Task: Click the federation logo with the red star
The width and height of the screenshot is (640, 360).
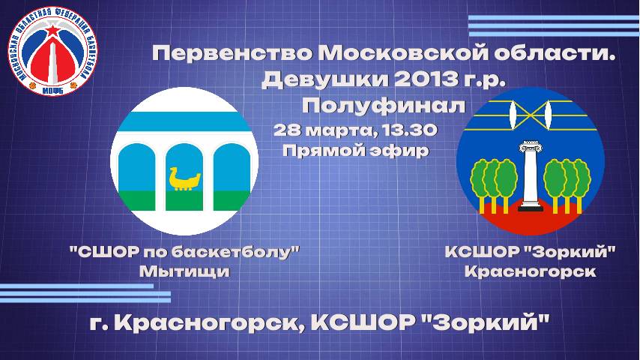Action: [52, 52]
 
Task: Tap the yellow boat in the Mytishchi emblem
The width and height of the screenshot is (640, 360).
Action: [184, 178]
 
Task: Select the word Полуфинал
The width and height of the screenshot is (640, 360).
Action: [384, 106]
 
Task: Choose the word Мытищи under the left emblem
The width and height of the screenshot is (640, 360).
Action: [184, 271]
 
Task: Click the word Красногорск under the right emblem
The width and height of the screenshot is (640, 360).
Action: [530, 271]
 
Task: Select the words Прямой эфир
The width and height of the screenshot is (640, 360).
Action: [355, 151]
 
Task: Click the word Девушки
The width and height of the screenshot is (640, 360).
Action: [325, 79]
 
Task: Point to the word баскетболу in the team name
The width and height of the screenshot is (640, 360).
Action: [232, 252]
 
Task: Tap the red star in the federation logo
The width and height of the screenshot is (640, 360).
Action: [52, 30]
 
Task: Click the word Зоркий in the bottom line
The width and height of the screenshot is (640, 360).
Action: [486, 323]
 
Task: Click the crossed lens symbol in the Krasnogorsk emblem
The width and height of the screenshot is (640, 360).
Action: [530, 115]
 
